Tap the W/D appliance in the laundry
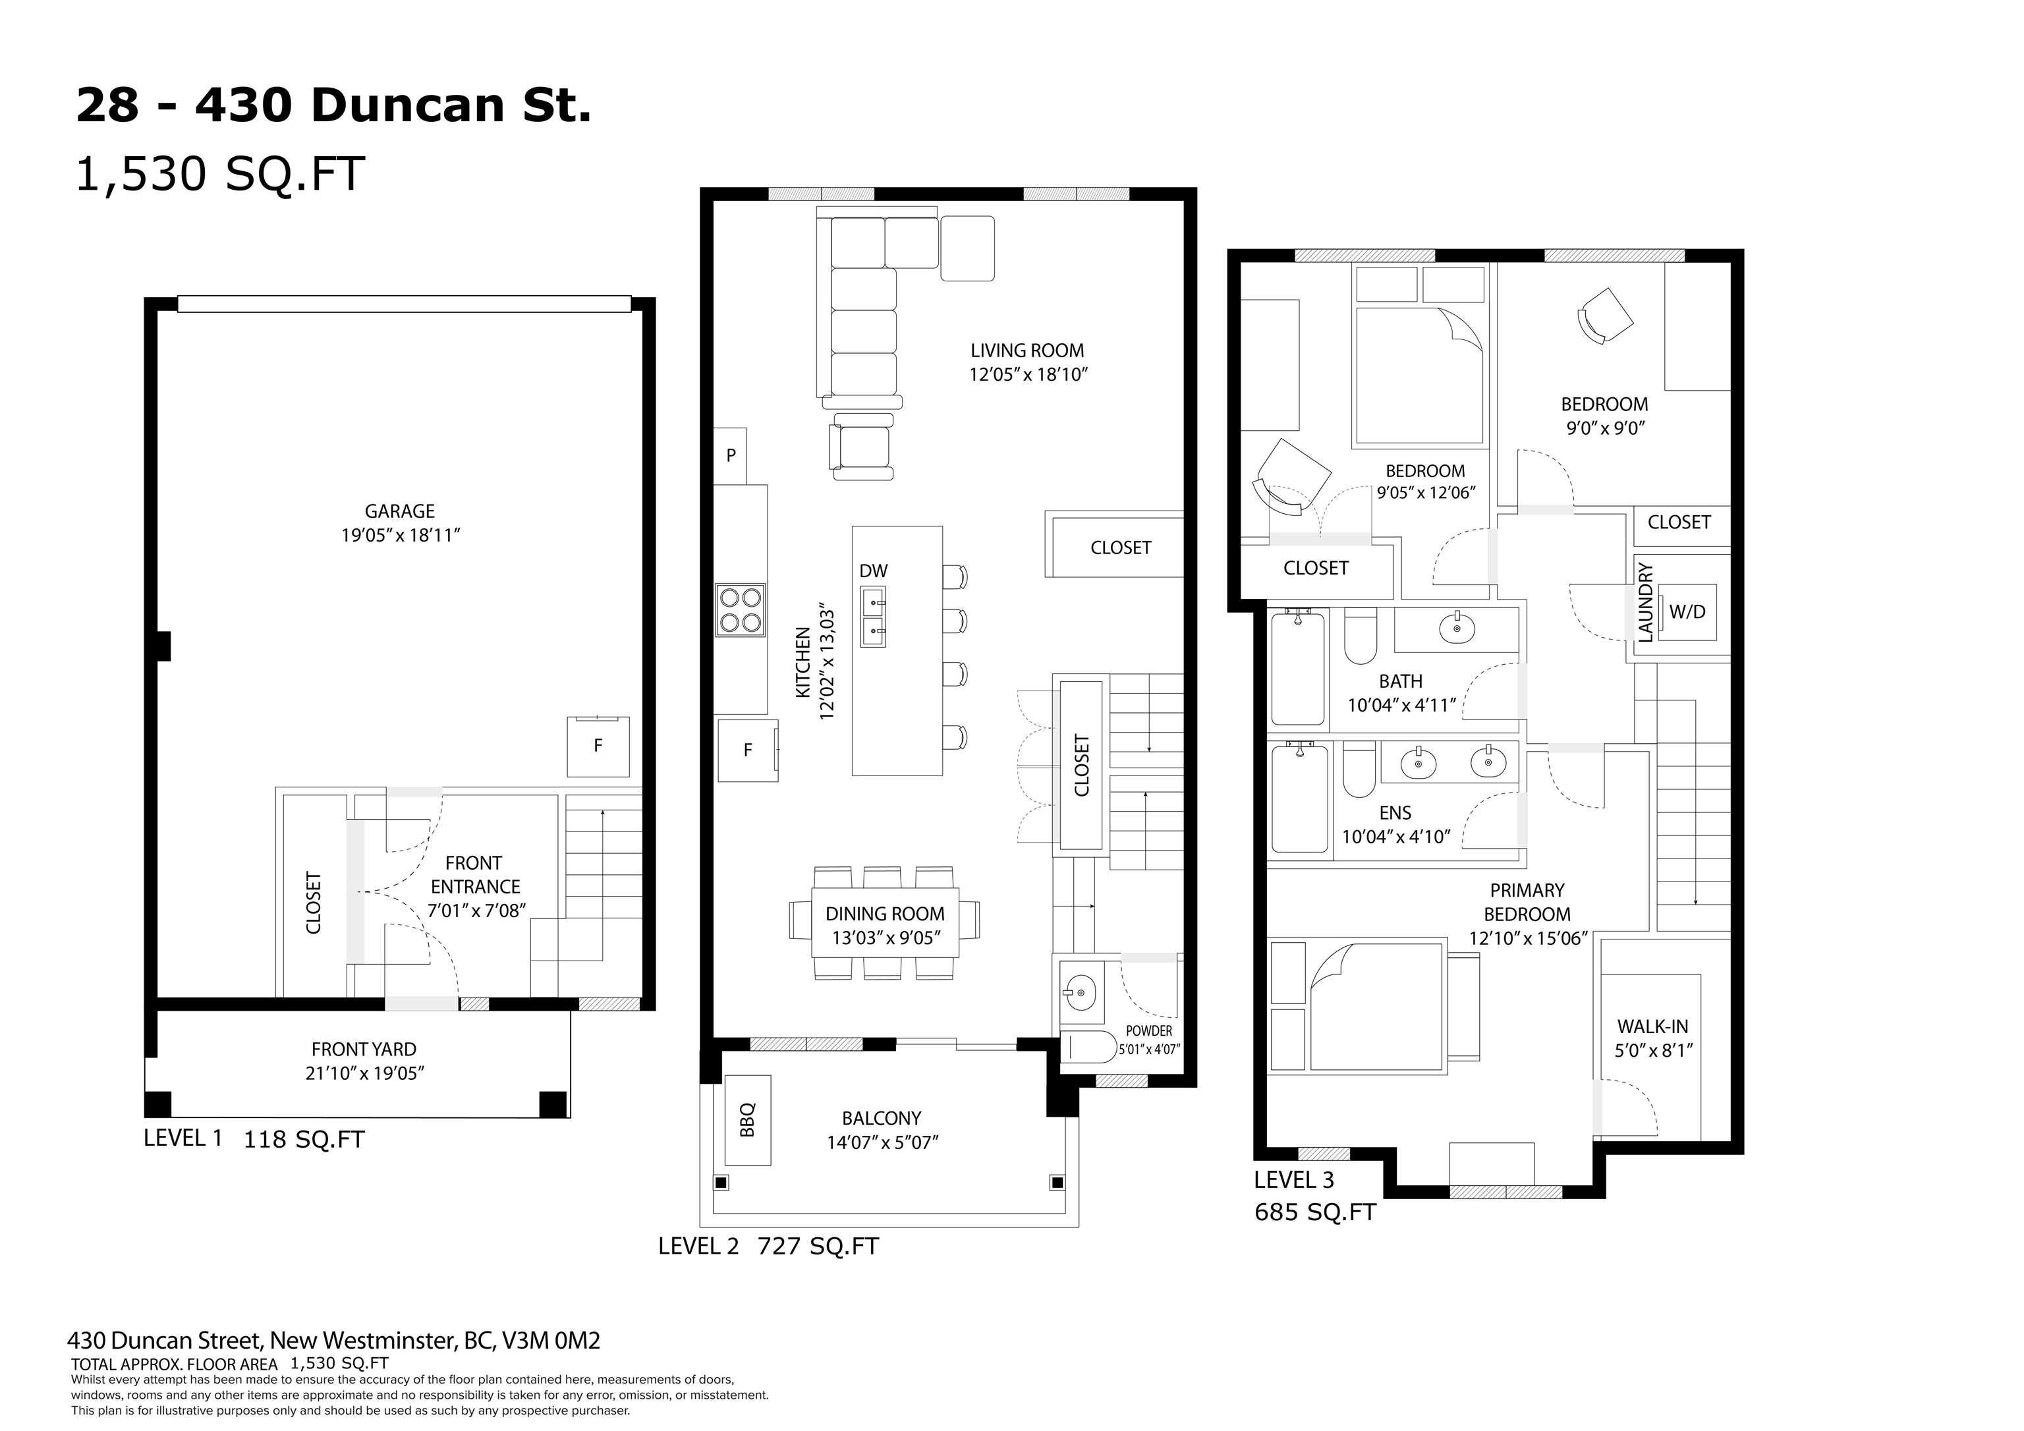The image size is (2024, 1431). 1687,612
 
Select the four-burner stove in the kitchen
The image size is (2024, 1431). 741,610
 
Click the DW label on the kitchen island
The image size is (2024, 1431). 874,571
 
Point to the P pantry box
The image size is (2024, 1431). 730,456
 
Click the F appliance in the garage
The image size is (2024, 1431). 598,746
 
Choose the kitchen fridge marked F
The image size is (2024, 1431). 748,750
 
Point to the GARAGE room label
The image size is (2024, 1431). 400,511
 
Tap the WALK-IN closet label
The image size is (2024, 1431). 1652,1027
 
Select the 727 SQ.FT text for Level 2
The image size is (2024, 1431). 818,1247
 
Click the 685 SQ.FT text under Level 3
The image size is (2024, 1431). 1314,1213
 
